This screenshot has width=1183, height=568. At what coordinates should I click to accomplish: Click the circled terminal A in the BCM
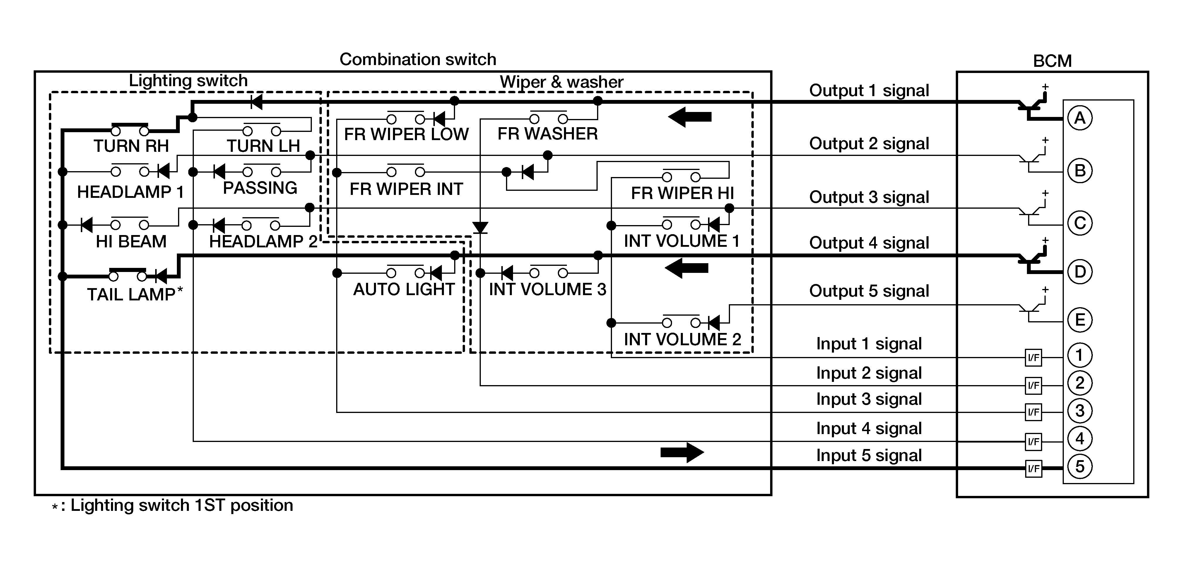[x=1080, y=118]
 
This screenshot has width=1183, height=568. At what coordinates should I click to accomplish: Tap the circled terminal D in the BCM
[x=1080, y=272]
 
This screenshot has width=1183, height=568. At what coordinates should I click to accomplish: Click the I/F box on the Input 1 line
[x=1033, y=358]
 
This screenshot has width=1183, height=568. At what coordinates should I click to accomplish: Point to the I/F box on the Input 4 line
[x=1033, y=442]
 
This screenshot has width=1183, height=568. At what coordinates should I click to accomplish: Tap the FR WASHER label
[x=547, y=134]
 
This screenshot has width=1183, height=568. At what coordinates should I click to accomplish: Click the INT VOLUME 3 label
[x=547, y=290]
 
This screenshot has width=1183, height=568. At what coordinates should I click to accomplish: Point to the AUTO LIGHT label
[x=404, y=290]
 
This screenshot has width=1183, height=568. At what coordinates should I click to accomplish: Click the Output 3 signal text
[x=869, y=197]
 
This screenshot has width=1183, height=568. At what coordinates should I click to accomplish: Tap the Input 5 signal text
[x=869, y=455]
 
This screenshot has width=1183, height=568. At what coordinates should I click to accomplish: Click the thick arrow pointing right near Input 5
[x=682, y=452]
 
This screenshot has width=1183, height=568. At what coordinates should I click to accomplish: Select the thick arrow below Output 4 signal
[x=687, y=268]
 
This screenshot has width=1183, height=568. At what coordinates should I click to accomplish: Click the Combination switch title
[x=418, y=59]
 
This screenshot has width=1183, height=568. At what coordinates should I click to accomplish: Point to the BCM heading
[x=1052, y=61]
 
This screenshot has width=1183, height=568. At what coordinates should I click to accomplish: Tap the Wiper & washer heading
[x=561, y=82]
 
